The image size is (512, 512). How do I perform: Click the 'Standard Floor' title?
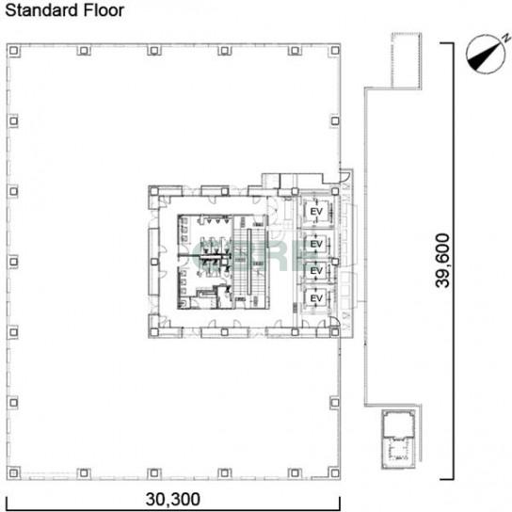(65, 10)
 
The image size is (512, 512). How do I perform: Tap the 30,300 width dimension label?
(173, 499)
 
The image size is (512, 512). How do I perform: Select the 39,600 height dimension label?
(442, 261)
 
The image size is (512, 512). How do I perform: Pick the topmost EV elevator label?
(316, 211)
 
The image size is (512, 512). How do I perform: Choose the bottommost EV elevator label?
(316, 298)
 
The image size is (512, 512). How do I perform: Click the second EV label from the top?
(316, 244)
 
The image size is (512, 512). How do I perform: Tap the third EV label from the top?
(316, 271)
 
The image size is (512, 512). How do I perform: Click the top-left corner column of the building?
(13, 51)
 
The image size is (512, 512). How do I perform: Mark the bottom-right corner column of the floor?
(335, 472)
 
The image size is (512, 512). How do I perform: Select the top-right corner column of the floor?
(335, 51)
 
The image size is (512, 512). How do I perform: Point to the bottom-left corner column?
(13, 472)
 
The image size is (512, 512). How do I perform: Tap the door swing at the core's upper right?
(344, 176)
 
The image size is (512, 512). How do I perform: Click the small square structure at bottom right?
(399, 439)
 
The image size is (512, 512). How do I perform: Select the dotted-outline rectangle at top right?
(407, 60)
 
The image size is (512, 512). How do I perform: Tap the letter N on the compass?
(506, 38)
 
